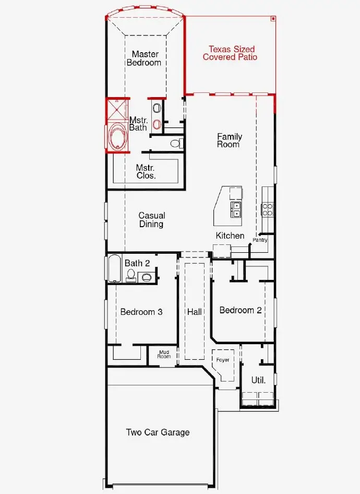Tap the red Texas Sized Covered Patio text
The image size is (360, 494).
click(230, 53)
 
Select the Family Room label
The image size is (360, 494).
click(230, 140)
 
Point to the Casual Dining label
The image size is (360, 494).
click(151, 219)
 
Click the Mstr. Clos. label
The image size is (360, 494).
click(146, 172)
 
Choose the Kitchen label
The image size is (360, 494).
click(230, 236)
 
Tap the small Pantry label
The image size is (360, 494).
click(260, 240)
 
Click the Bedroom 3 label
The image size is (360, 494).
click(141, 312)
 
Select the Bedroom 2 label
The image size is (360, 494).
click(241, 310)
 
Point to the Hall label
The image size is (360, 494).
click(195, 312)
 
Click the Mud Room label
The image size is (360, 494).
click(164, 355)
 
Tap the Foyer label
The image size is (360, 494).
click(223, 360)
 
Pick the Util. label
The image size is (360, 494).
click(258, 380)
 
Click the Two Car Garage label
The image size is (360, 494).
click(158, 432)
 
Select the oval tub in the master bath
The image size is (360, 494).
click(117, 137)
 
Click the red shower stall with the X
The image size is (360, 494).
click(117, 110)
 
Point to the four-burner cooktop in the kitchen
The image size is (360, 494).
click(267, 209)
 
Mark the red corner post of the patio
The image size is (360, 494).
click(273, 18)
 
